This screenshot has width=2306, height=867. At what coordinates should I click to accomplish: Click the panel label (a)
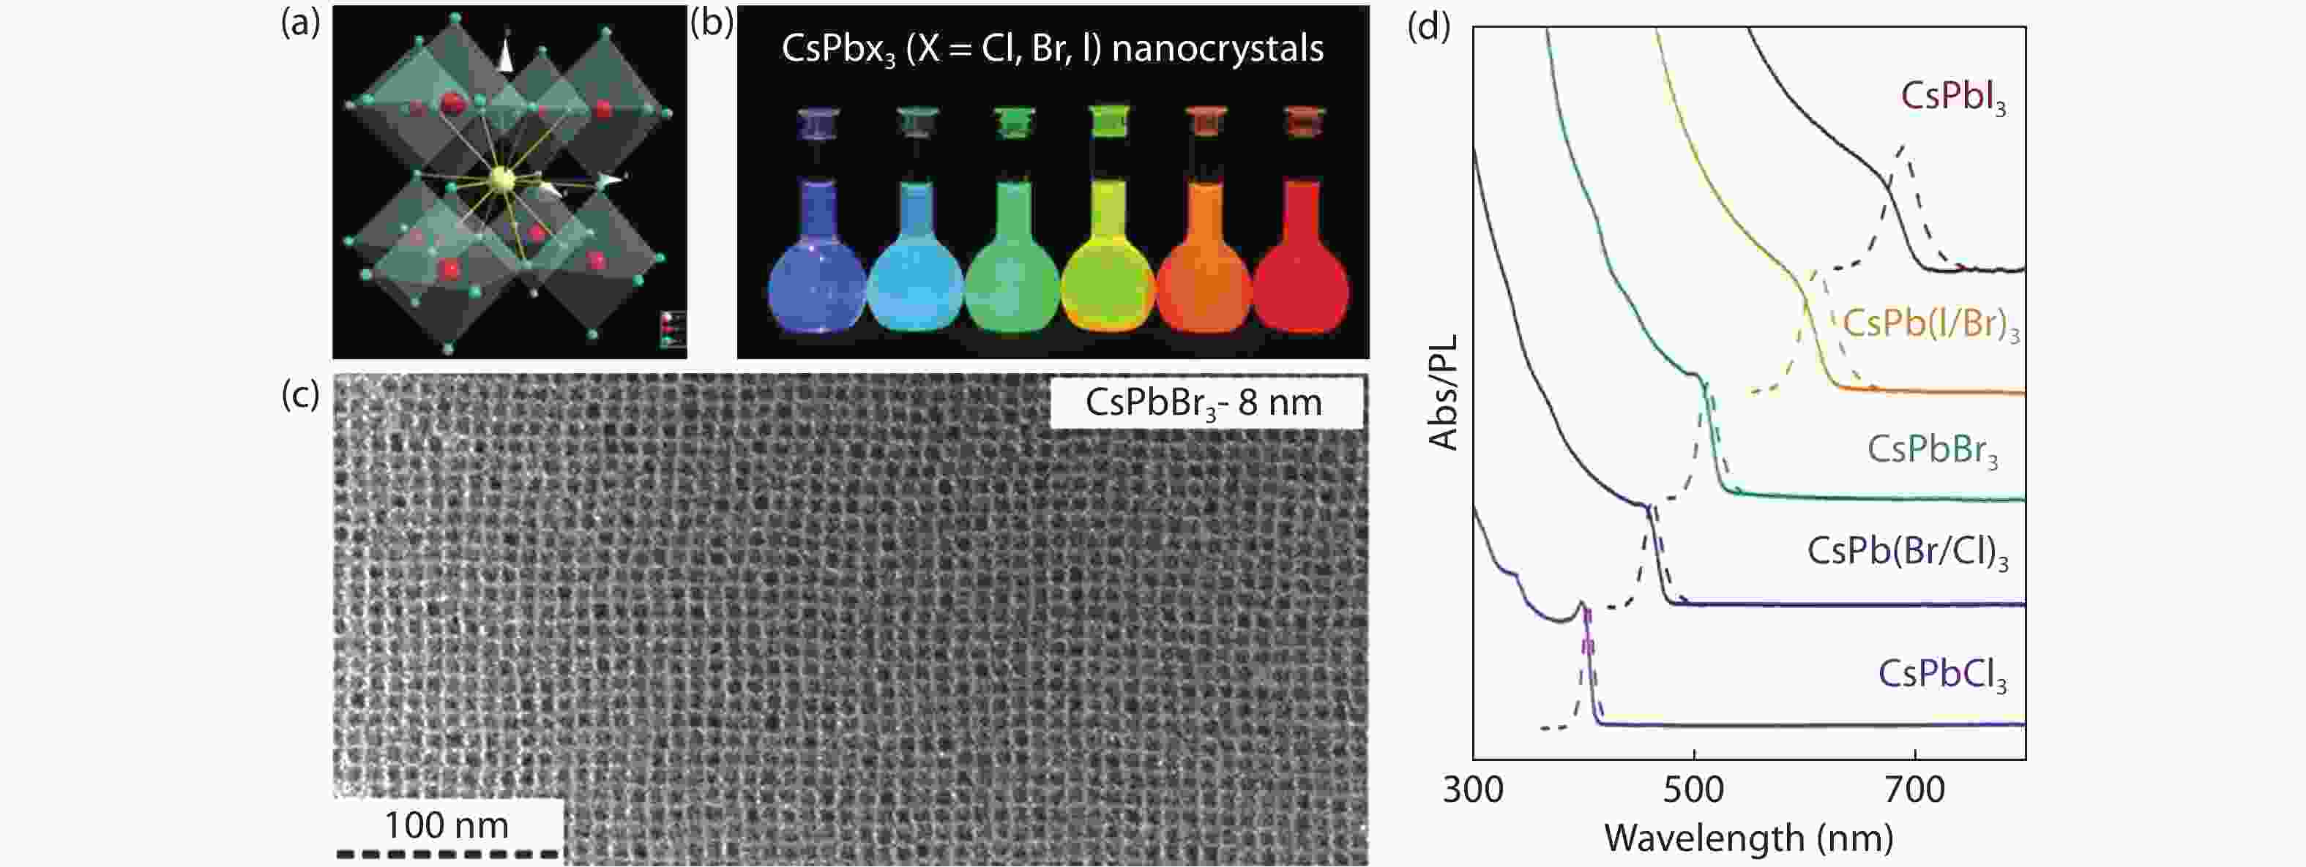pyautogui.click(x=300, y=23)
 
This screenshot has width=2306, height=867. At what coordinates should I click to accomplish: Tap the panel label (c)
pyautogui.click(x=300, y=394)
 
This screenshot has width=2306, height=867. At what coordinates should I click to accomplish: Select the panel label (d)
pyautogui.click(x=1428, y=27)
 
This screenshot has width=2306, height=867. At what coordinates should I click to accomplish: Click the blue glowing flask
pyautogui.click(x=816, y=269)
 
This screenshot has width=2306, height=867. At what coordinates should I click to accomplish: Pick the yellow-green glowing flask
pyautogui.click(x=1108, y=269)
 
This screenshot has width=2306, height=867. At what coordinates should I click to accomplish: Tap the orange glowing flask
pyautogui.click(x=1204, y=269)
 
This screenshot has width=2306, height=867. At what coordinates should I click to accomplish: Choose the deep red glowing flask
pyautogui.click(x=1301, y=269)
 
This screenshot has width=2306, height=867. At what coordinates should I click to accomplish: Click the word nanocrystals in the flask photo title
pyautogui.click(x=1217, y=48)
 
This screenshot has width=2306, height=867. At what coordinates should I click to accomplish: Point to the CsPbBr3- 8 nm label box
pyautogui.click(x=1205, y=402)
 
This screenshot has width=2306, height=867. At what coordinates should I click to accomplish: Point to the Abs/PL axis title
pyautogui.click(x=1443, y=392)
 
